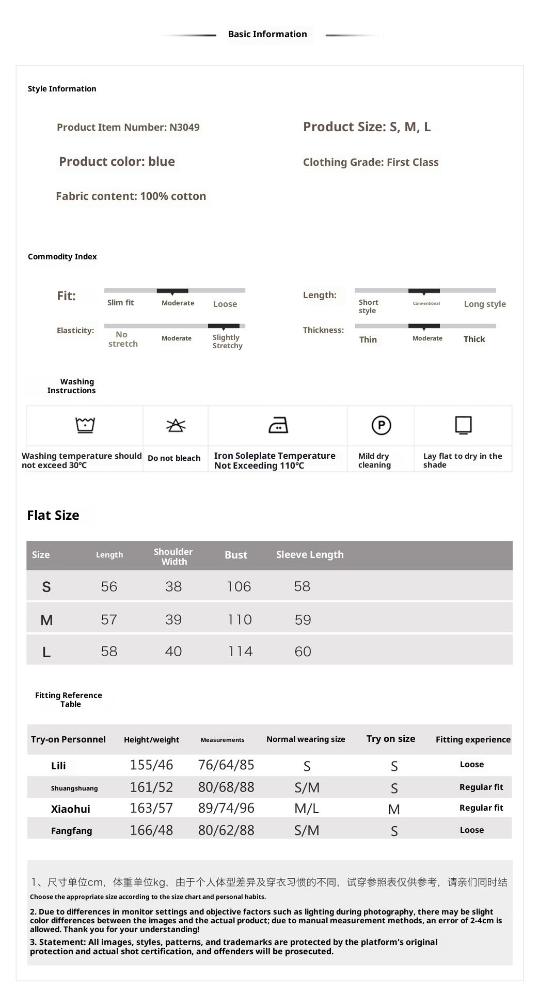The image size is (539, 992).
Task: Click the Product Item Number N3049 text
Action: [x=128, y=127]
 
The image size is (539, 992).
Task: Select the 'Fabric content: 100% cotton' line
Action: [x=131, y=196]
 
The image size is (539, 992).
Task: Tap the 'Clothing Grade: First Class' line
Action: [x=370, y=162]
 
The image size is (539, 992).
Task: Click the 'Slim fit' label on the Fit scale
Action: [x=120, y=303]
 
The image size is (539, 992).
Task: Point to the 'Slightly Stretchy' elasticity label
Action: [x=227, y=342]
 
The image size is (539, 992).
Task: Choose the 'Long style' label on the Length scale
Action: [x=484, y=304]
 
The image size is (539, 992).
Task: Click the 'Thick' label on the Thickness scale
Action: [x=474, y=339]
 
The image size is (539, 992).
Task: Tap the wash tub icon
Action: [x=85, y=425]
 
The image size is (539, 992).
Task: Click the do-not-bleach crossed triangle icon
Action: [x=176, y=425]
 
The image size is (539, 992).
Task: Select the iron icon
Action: [x=278, y=425]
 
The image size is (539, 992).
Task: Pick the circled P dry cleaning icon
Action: [x=381, y=425]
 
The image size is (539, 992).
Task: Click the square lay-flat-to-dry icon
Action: [x=463, y=425]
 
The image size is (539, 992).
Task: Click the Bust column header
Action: [x=236, y=555]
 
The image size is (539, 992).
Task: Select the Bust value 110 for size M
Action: [x=240, y=619]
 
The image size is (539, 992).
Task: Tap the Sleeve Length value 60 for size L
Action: [x=303, y=652]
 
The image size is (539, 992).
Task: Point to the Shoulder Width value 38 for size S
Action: [x=173, y=586]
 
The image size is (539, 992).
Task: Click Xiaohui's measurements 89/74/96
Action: [x=226, y=808]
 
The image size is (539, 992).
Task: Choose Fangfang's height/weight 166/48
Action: [x=151, y=830]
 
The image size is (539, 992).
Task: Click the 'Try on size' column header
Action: [x=391, y=739]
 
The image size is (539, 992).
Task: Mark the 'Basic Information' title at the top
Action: [x=267, y=34]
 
